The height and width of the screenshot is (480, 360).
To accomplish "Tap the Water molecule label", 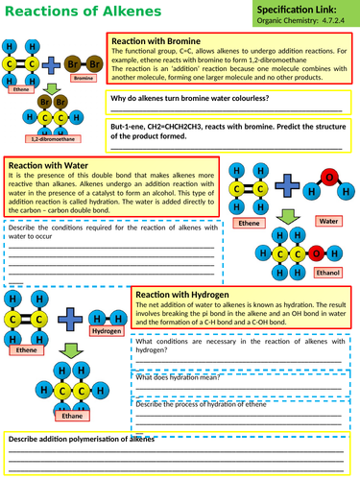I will point(328,221).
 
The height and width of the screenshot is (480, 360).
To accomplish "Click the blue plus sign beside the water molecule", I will point(285,189).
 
